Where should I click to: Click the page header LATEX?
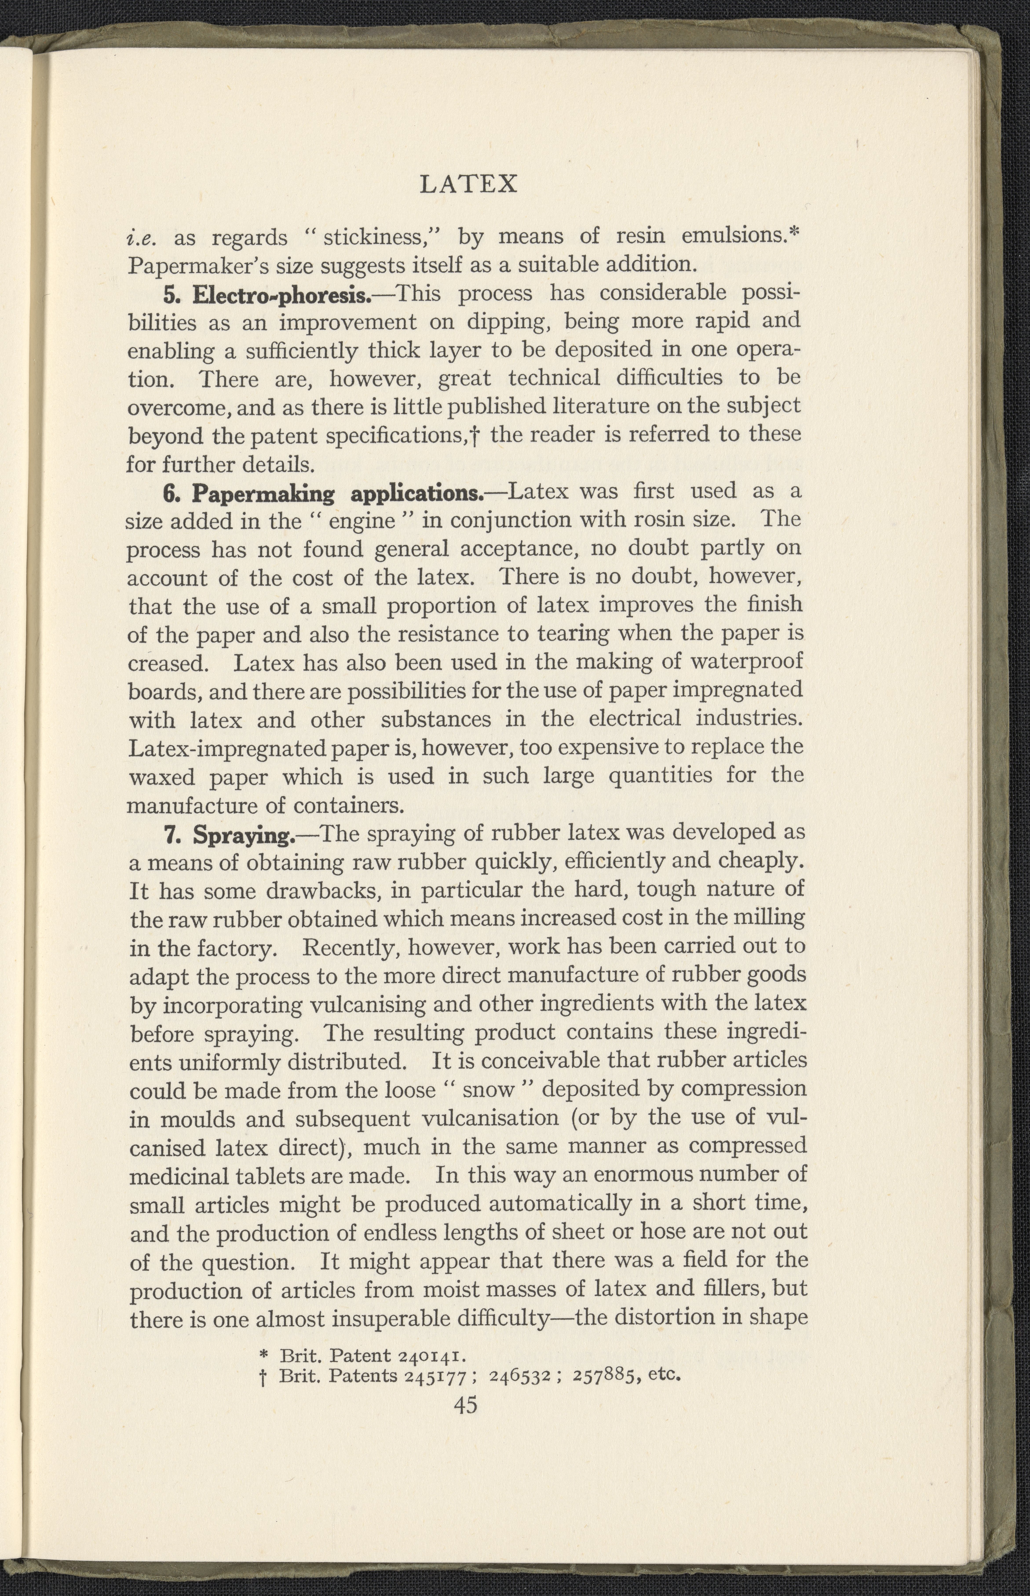pyautogui.click(x=468, y=183)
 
